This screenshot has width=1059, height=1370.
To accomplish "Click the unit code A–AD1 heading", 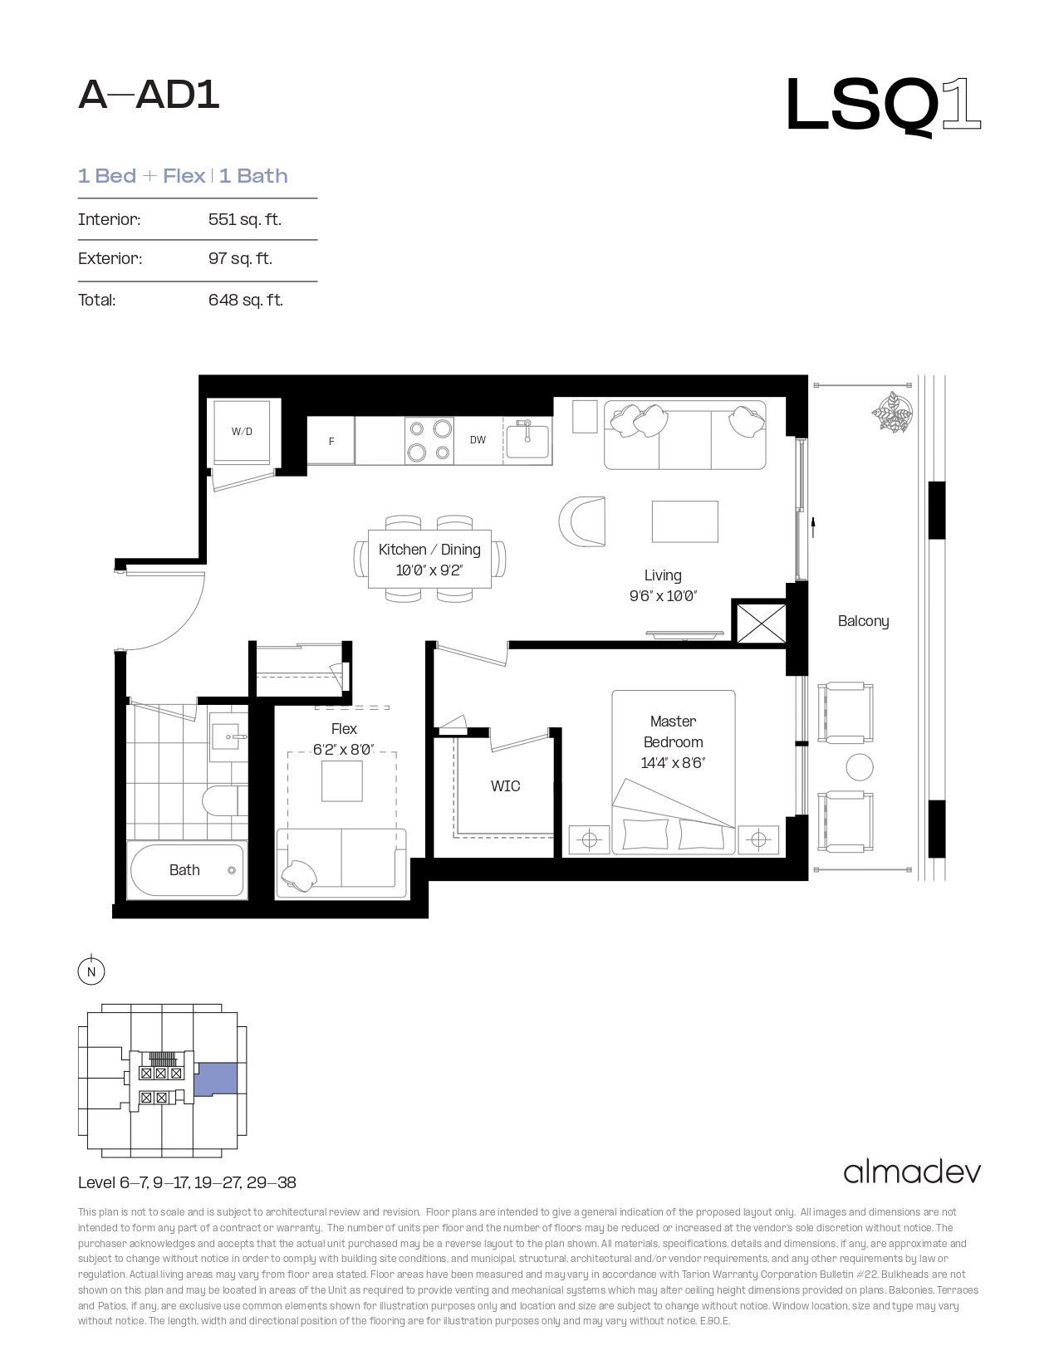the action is coord(149,95).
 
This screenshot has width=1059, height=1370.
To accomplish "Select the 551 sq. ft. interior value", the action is coord(245,219).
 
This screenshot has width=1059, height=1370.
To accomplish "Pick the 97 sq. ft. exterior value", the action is coord(240,258).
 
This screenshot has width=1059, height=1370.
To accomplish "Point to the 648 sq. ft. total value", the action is coord(245,300).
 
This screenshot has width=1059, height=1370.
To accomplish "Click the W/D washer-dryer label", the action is coord(242,432).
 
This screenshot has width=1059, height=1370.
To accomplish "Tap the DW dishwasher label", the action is coord(478,440).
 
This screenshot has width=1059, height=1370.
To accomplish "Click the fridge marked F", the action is coord(331,441).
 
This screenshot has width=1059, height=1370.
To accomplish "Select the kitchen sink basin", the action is coord(528,440).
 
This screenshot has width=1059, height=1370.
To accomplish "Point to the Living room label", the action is coord(662,575).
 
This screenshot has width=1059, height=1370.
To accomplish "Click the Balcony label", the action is coord(863,621).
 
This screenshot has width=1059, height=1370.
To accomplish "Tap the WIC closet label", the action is coord(505,786).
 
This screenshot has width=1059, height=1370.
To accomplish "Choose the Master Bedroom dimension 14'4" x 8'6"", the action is coord(672,763).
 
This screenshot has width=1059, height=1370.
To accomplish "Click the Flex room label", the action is coord(344,729).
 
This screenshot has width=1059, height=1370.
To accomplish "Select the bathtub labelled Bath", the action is coord(187,870).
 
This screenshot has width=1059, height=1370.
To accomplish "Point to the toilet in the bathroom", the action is coord(224,800).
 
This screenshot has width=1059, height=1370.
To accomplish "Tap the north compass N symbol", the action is coord(91,971).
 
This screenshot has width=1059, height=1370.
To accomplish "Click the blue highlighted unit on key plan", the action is coord(216,1079).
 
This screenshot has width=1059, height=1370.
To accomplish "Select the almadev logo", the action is coord(912,1172).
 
